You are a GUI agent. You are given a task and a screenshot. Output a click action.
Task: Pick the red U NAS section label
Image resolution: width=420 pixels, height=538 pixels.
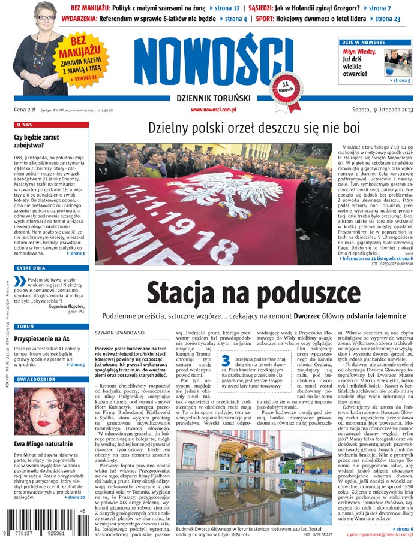click(x=25, y=125)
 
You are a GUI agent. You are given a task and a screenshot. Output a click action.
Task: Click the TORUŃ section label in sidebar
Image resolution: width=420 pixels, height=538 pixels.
click(x=26, y=327)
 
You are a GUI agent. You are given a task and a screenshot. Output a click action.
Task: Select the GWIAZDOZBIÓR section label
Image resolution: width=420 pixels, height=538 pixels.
click(x=36, y=380)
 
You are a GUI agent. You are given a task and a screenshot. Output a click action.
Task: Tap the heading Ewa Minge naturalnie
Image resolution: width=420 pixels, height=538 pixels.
click(x=43, y=443)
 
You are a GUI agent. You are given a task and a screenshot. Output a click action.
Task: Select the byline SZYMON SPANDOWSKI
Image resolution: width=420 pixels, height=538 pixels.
click(x=117, y=331)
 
